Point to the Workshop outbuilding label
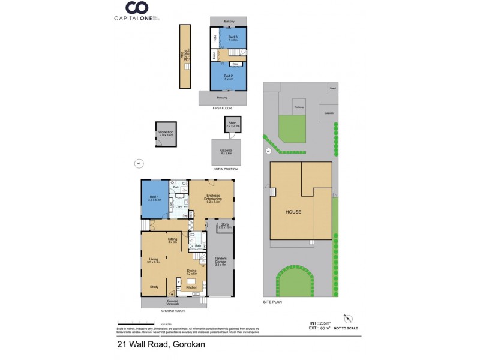pyautogui.click(x=166, y=133)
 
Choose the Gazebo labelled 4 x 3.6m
pyautogui.click(x=226, y=152)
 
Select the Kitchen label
pyautogui.click(x=191, y=288)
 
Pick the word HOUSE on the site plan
pyautogui.click(x=293, y=212)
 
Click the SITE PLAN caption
pyautogui.click(x=273, y=302)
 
